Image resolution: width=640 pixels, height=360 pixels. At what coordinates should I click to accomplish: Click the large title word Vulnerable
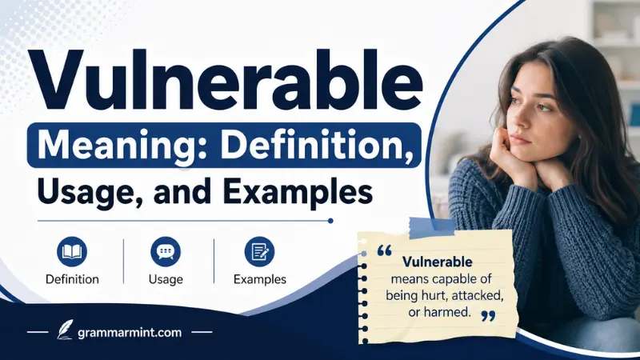(224, 79)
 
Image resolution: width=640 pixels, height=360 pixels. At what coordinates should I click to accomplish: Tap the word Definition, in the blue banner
(315, 146)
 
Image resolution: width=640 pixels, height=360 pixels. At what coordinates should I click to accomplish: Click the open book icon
(72, 252)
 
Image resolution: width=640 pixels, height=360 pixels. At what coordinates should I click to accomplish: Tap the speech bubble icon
(166, 252)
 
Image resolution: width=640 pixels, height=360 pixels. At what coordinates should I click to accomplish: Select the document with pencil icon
(259, 252)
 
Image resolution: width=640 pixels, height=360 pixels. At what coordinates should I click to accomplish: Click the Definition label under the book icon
(72, 279)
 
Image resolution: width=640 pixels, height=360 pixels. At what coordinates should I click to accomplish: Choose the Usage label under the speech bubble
(166, 279)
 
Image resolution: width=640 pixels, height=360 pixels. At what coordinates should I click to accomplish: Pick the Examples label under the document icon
(260, 279)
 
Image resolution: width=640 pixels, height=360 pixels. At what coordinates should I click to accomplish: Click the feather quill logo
(65, 330)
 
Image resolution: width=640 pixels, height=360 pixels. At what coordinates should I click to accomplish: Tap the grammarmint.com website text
(130, 333)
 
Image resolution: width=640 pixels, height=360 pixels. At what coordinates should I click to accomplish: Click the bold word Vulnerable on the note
(437, 262)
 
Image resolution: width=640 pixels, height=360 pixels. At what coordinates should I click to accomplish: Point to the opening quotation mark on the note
(385, 250)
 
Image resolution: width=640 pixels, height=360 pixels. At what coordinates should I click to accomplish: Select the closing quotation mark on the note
(488, 316)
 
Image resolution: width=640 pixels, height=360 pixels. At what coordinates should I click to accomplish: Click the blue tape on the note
(431, 227)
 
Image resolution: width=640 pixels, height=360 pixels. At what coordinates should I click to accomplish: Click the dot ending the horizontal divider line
(330, 221)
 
